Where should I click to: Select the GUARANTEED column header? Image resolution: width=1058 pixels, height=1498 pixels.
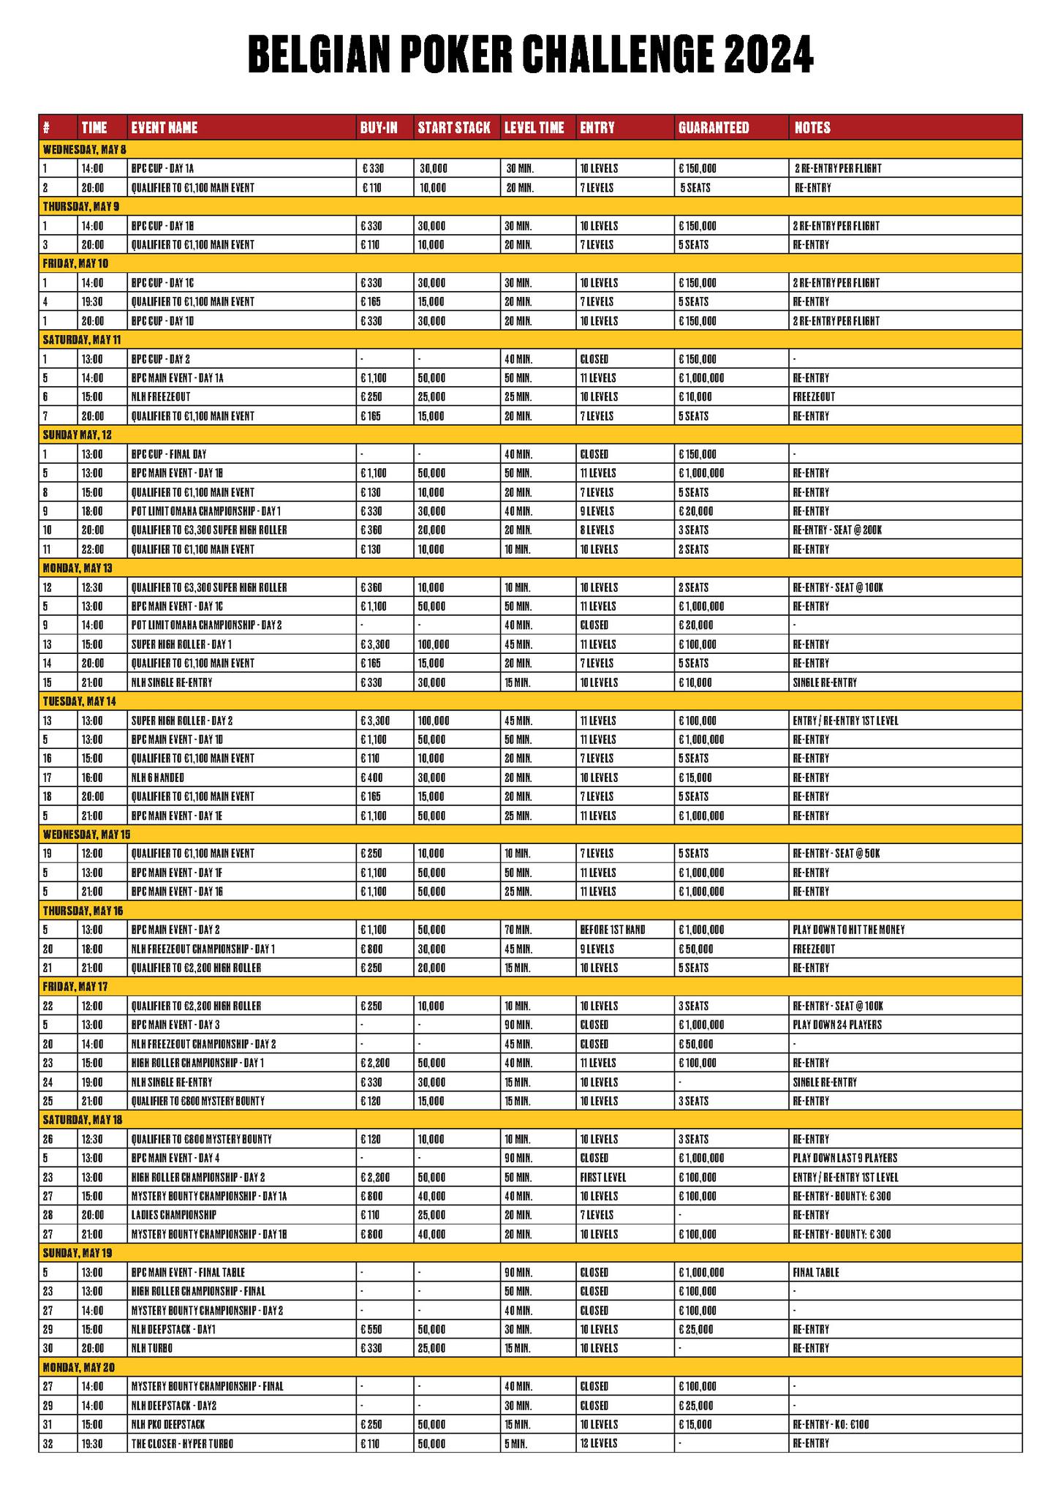(x=714, y=127)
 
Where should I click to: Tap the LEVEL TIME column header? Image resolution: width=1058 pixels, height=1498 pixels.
(x=534, y=127)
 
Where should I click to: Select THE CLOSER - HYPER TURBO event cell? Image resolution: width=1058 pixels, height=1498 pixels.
(x=182, y=1443)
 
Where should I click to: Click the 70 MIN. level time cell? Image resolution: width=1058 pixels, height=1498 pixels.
(x=520, y=930)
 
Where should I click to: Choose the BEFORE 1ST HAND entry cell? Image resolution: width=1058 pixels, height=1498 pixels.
(x=613, y=930)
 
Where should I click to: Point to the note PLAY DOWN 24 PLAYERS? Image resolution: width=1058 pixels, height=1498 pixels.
(x=837, y=1025)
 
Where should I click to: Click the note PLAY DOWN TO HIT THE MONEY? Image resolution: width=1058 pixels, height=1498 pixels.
(x=848, y=930)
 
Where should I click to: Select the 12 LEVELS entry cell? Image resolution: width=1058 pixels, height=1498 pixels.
(x=599, y=1443)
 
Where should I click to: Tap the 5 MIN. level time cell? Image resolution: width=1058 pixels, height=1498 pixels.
(x=516, y=1443)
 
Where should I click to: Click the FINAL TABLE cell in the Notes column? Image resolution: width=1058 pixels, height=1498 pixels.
(x=816, y=1272)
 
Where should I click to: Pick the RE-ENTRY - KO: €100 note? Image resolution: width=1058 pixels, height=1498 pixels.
(x=831, y=1424)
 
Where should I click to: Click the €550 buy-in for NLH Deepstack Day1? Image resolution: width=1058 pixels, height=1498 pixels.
(x=370, y=1329)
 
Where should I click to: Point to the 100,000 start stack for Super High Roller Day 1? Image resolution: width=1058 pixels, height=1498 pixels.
(x=434, y=644)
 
